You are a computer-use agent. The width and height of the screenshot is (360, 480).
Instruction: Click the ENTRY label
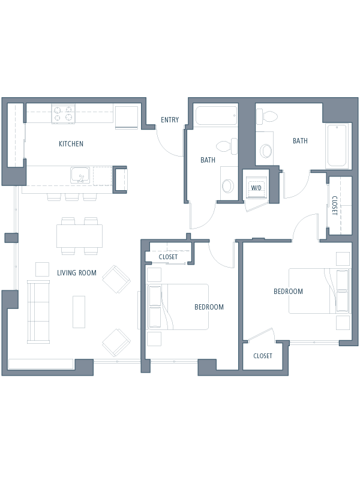point(170,119)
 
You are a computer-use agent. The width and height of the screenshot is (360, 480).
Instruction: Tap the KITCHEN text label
point(71,143)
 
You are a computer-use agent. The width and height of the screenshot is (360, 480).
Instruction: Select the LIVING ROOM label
point(77,273)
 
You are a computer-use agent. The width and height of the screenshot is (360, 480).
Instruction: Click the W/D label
point(256,188)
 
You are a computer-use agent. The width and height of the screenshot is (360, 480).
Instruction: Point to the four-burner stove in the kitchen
point(64,114)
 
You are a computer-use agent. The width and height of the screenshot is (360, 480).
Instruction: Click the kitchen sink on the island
point(80,175)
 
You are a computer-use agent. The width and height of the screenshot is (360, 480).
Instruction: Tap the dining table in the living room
point(79,236)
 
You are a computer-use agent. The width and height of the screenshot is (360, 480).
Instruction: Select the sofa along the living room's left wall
point(38,311)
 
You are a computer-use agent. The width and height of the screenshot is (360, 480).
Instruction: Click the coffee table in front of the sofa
point(79,312)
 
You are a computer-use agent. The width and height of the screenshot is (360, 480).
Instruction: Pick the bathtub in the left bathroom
point(217,115)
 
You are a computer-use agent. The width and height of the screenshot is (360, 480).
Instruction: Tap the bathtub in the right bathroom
point(337,145)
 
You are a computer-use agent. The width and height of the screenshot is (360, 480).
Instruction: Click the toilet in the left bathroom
point(227,146)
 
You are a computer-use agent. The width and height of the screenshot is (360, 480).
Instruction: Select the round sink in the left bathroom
point(228,185)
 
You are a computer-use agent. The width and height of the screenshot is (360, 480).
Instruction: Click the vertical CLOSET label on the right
point(335,205)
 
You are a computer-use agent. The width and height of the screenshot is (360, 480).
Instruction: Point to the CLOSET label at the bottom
point(263,356)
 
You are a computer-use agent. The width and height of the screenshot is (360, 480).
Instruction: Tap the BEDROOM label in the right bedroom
point(288,292)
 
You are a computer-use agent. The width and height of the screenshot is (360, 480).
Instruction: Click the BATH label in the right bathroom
point(300,141)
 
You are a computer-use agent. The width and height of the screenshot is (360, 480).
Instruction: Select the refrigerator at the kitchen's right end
point(127,118)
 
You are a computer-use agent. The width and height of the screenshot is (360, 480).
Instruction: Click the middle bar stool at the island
point(72,197)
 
